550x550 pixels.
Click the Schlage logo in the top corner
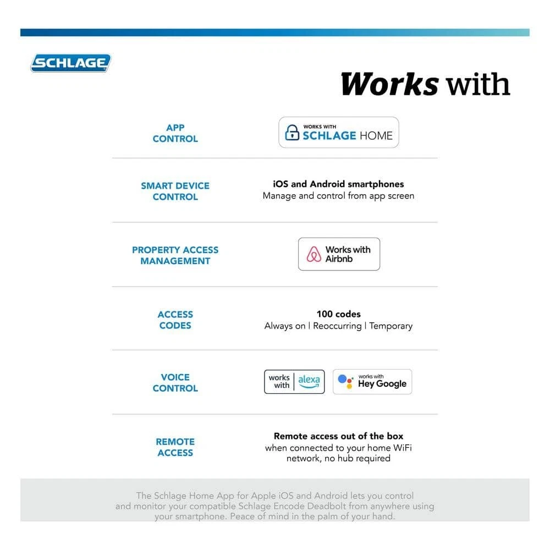click(x=70, y=63)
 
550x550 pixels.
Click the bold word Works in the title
click(x=389, y=84)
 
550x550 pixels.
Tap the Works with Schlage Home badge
click(x=338, y=133)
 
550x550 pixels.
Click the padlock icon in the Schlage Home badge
click(x=291, y=133)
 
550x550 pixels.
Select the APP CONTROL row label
click(x=175, y=133)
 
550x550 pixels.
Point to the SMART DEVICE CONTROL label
click(x=175, y=191)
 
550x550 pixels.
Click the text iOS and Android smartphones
click(x=338, y=184)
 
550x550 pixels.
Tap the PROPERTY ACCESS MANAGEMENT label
click(x=175, y=255)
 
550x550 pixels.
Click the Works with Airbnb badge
click(x=339, y=254)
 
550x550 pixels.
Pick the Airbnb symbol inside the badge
click(x=314, y=254)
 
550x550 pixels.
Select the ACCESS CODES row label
click(x=175, y=320)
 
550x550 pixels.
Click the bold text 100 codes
click(x=338, y=314)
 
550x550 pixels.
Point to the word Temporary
click(x=391, y=326)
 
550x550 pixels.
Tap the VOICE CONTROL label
click(x=175, y=382)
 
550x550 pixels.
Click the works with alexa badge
click(x=294, y=382)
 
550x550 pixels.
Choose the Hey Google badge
click(x=372, y=382)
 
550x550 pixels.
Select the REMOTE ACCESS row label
click(x=175, y=447)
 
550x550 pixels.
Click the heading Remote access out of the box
click(x=338, y=436)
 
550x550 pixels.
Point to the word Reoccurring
click(x=337, y=326)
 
